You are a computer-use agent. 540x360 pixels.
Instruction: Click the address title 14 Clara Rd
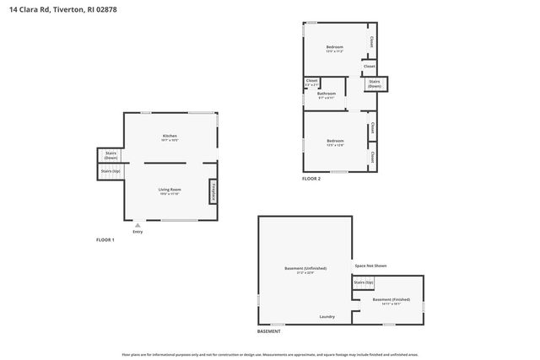point(58,10)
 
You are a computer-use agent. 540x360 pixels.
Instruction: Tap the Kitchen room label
point(170,137)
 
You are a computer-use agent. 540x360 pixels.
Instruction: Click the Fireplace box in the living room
point(213,191)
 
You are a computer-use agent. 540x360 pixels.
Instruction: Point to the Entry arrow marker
point(136,226)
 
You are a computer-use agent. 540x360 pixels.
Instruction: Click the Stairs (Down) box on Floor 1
point(111,156)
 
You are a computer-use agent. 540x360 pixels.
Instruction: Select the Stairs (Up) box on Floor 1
point(111,171)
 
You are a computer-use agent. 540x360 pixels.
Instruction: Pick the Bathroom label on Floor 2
point(327,95)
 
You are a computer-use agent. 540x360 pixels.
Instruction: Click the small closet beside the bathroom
point(311,83)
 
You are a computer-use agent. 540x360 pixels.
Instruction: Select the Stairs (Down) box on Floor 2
point(375,84)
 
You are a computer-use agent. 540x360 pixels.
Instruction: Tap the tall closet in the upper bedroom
point(371,40)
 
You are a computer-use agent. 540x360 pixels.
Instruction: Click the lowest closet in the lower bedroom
point(371,157)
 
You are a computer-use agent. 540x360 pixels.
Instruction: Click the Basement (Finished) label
point(392,302)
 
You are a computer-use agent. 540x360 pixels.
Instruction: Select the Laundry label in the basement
point(327,317)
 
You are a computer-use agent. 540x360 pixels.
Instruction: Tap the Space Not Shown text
point(370,266)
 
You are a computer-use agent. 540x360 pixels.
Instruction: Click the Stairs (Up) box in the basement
point(364,282)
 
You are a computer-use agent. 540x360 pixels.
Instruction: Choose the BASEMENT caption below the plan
point(269,332)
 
